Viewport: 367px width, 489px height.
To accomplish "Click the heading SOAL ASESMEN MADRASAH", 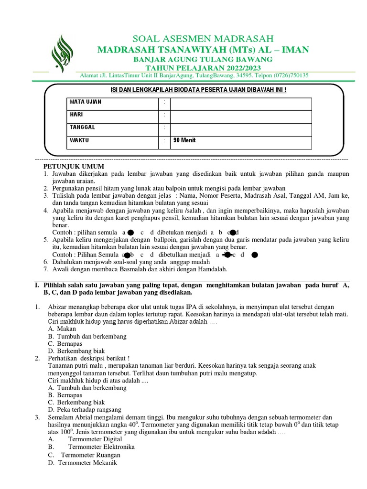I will coord(203,39).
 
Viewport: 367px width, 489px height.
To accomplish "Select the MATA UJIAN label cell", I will coord(86,102).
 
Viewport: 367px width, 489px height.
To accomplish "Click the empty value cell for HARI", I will coord(241,115).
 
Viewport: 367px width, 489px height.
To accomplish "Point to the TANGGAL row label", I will coord(83,128).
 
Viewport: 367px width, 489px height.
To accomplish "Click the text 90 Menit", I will coord(184,140).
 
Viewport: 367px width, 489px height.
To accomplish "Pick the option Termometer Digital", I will coord(95,439).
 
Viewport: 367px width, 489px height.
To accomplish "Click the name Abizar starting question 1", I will coord(58,306).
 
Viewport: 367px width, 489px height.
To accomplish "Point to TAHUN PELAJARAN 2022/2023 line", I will coord(203,67).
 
